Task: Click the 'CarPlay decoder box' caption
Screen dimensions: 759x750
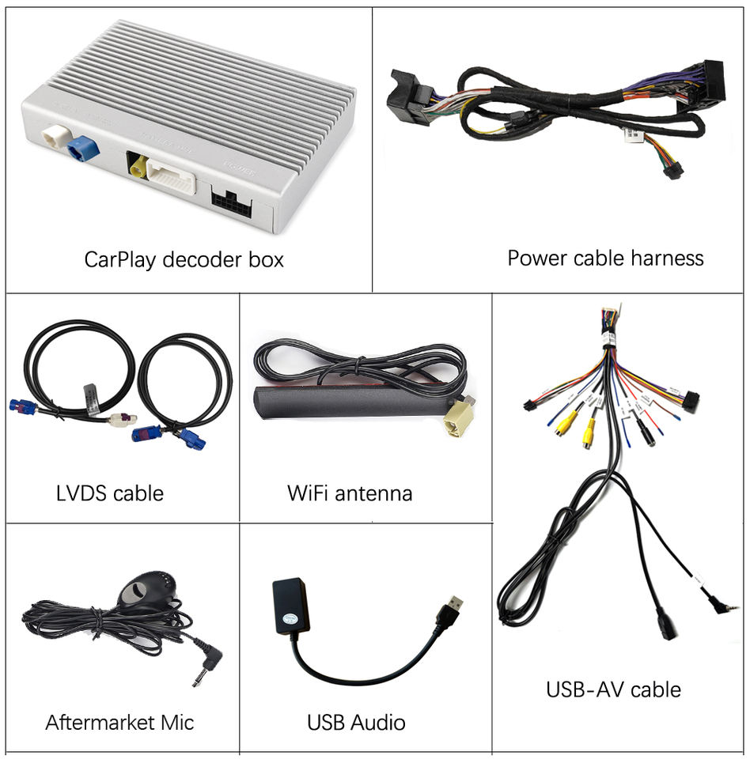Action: tap(184, 259)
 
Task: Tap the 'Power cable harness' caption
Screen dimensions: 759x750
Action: tap(605, 258)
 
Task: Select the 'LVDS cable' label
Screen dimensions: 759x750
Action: tap(110, 493)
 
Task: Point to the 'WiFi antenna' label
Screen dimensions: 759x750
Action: tap(350, 493)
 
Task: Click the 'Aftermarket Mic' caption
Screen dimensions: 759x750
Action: tap(119, 722)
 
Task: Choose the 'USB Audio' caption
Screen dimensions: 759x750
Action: tap(356, 722)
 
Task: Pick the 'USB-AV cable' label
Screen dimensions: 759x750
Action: tap(613, 689)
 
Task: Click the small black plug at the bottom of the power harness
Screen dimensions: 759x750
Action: tap(671, 171)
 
